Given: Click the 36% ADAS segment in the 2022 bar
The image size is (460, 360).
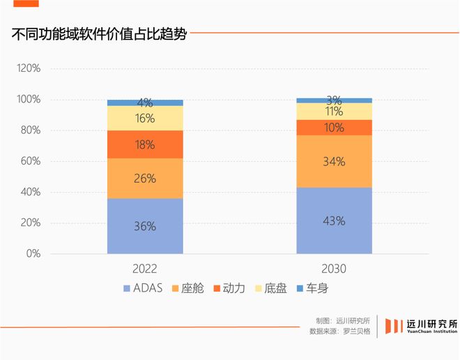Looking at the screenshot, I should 145,226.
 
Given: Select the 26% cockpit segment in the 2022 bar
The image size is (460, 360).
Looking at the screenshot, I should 145,178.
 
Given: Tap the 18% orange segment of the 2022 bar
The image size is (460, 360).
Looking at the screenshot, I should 145,144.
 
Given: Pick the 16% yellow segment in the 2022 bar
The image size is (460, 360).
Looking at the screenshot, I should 145,118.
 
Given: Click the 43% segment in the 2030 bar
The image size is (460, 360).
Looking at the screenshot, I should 334,220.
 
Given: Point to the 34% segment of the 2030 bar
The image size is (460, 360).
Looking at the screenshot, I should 334,161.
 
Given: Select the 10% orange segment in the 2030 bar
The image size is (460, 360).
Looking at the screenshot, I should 334,127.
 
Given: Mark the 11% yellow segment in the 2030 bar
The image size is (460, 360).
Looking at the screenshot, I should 334,111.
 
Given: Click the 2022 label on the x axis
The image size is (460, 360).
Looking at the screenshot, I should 145,268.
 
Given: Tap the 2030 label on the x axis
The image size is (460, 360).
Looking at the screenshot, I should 334,268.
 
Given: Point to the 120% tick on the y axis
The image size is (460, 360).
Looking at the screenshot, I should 29,69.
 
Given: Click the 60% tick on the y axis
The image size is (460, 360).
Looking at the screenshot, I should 31,161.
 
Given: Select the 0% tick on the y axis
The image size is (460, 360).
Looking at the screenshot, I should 33,254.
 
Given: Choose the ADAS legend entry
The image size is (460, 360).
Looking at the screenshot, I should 142,288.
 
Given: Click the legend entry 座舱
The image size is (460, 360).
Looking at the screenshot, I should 187,288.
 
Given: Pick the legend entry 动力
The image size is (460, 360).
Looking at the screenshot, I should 228,288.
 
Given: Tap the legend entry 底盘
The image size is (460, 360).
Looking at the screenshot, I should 270,288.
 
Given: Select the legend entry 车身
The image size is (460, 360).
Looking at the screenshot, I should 311,288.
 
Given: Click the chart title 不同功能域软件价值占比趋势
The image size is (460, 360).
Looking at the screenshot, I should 99,34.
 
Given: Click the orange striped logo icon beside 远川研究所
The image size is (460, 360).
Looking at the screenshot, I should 394,326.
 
